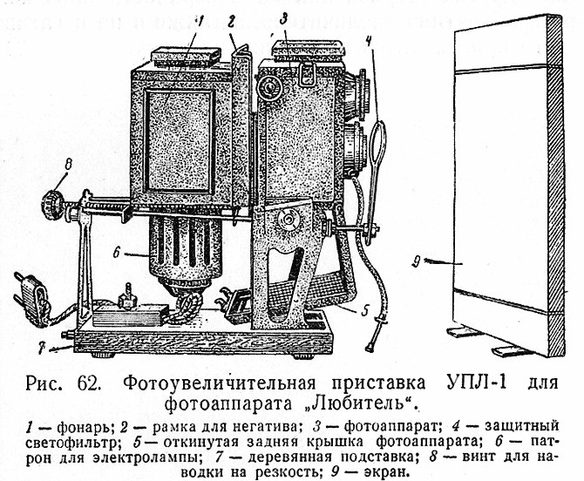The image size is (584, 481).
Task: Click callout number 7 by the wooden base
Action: click(x=43, y=349)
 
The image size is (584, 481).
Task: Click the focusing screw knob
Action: click(x=52, y=205)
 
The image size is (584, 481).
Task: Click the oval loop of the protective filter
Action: click(x=378, y=142)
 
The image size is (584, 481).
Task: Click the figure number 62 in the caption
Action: click(x=89, y=383)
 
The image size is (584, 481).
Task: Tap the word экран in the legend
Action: click(x=386, y=472)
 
